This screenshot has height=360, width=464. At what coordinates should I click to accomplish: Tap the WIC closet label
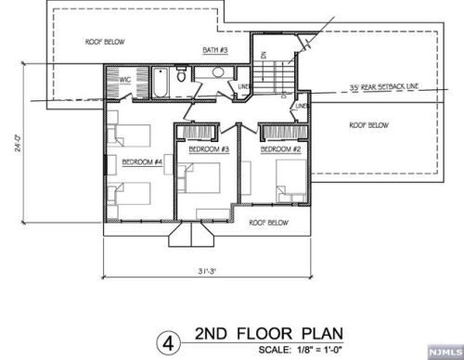pyautogui.click(x=124, y=80)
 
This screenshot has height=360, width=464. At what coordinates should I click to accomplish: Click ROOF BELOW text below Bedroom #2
pyautogui.click(x=270, y=223)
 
